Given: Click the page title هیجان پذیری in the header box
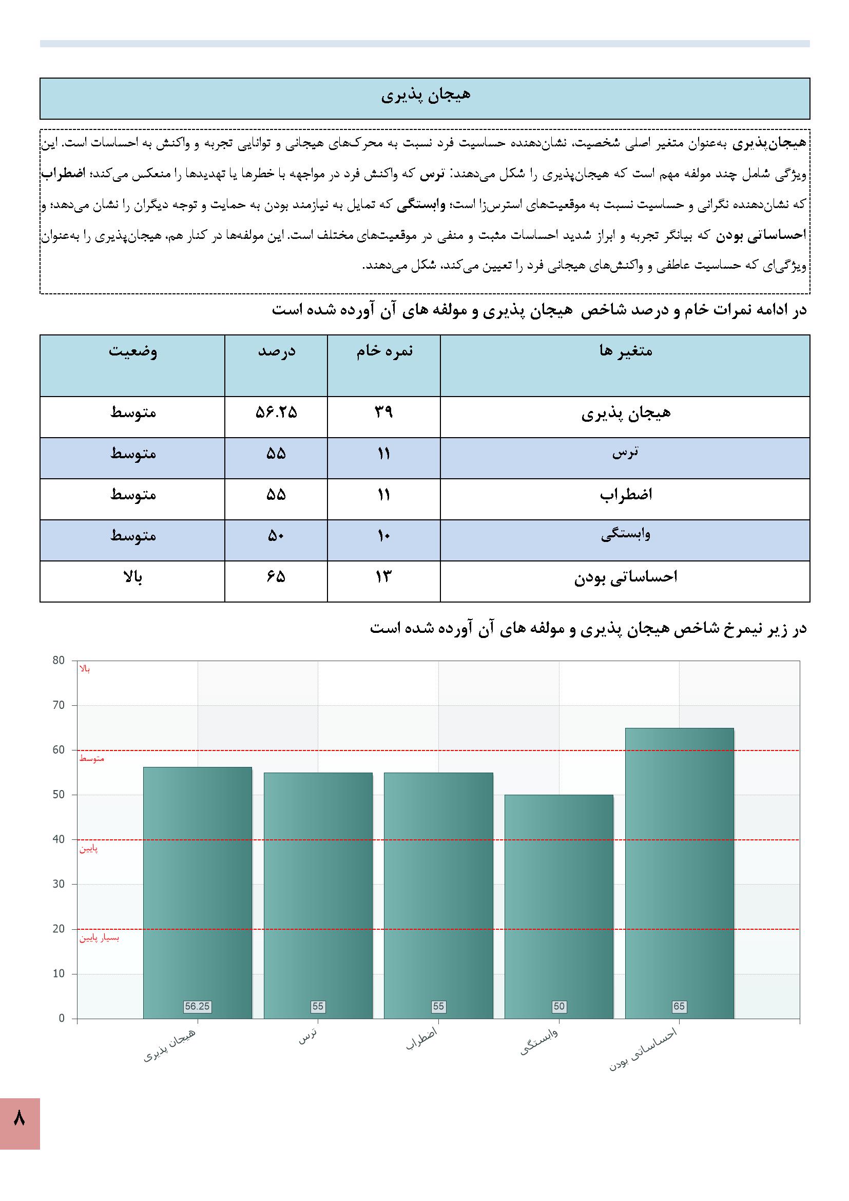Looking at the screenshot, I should (425, 96).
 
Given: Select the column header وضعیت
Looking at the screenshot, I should (133, 351).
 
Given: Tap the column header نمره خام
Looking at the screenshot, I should (384, 351).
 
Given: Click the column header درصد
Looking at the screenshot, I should (277, 351).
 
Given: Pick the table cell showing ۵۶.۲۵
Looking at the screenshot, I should (276, 412).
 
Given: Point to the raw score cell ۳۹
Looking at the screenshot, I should (384, 412).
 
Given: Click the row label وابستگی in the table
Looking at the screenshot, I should (625, 535).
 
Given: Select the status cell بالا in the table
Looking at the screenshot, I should (132, 577).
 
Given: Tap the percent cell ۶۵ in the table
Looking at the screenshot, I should (276, 577).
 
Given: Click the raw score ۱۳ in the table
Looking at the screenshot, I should (384, 577).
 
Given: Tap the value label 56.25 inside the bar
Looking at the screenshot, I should (197, 1006).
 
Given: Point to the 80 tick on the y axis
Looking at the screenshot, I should (59, 661).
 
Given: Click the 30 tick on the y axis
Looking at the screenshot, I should (59, 885).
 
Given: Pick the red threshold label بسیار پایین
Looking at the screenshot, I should (100, 939).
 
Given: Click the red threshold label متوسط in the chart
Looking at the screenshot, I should (91, 759).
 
